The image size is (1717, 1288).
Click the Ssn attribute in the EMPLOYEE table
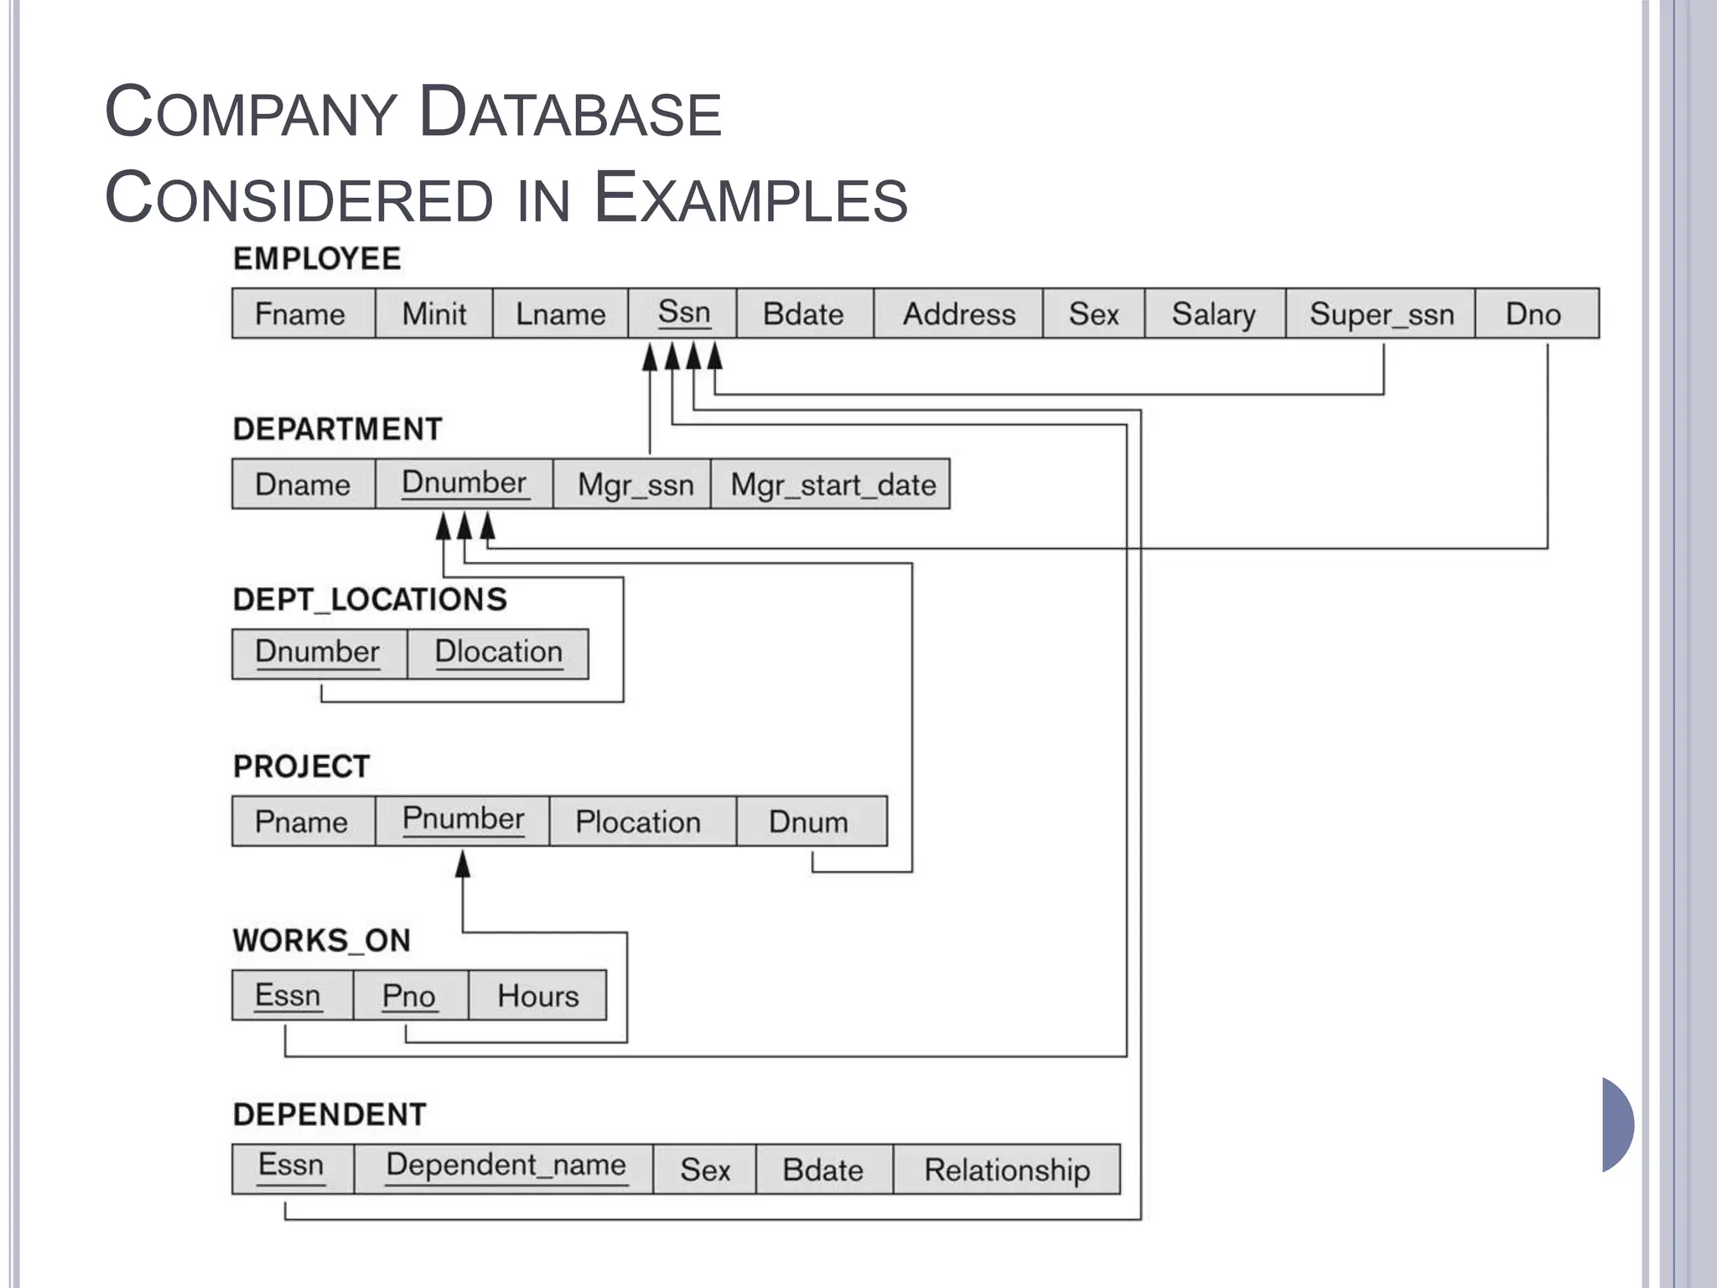683,313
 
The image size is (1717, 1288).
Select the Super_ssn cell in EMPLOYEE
1381,314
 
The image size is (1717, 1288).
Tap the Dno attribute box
1533,314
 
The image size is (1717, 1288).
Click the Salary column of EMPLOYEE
1213,314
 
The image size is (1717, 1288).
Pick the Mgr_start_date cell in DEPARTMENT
832,485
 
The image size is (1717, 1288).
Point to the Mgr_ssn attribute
635,485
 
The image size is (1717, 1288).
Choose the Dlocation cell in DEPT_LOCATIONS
498,652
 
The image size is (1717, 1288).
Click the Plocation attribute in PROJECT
637,822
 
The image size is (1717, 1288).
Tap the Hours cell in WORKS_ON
537,995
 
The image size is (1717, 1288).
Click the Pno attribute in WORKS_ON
409,995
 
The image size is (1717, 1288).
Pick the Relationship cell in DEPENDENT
1006,1169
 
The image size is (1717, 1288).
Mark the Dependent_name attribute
506,1166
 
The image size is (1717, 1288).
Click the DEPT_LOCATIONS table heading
370,600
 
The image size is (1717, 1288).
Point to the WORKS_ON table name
322,940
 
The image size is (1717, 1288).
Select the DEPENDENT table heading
329,1114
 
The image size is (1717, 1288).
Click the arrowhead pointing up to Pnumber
463,864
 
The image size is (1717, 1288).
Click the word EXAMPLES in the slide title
750,197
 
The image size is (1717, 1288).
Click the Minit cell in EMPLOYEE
433,314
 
